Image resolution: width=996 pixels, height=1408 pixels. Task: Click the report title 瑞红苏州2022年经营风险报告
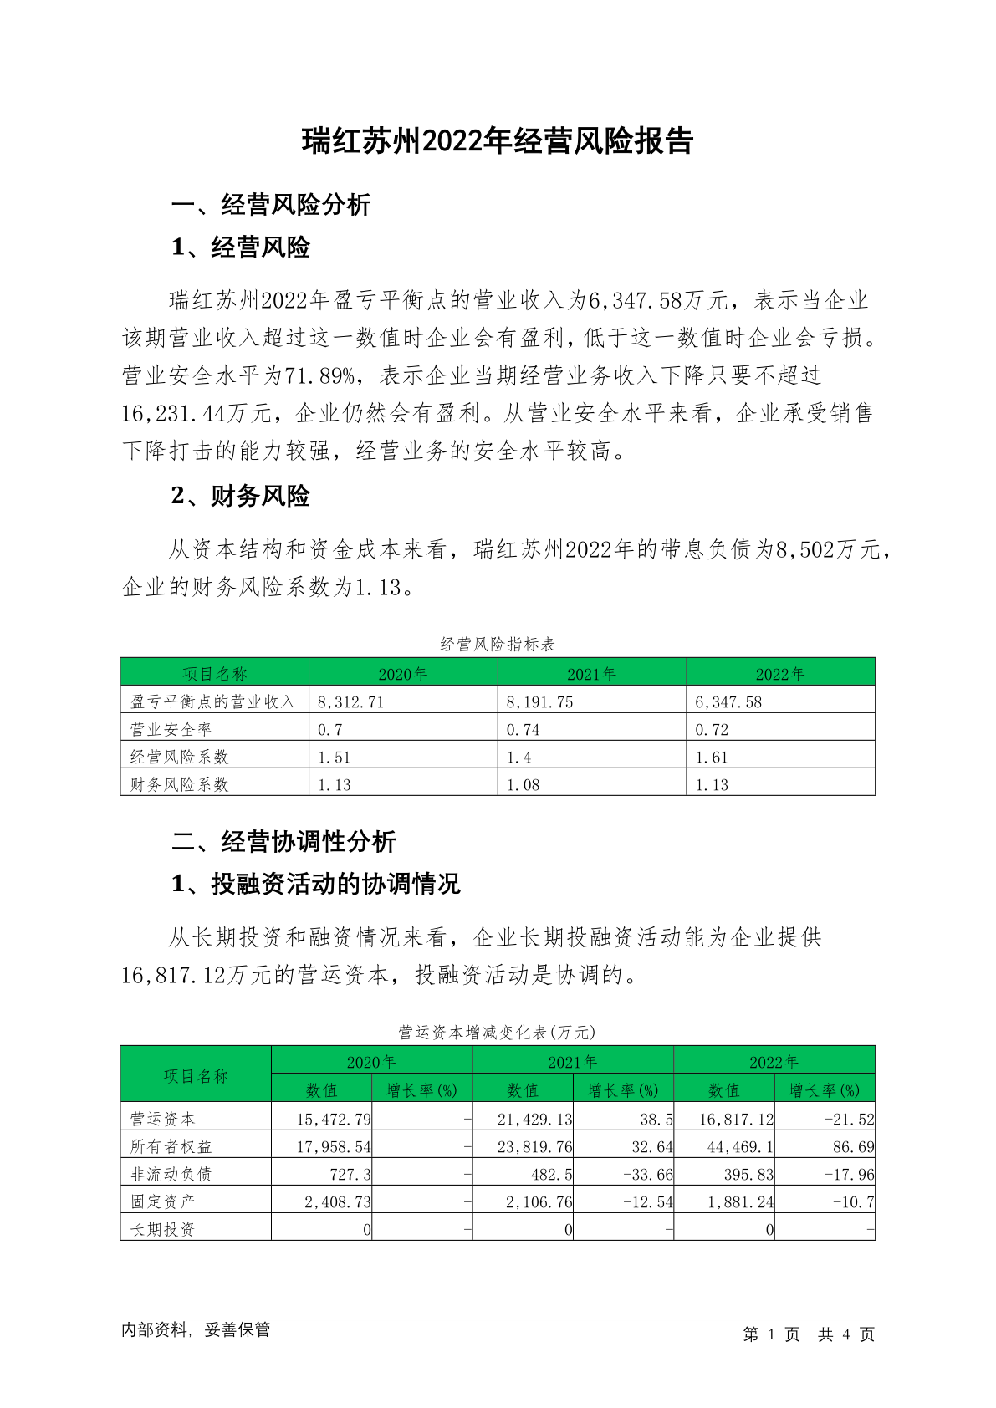point(498,141)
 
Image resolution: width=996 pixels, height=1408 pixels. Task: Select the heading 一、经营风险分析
point(271,205)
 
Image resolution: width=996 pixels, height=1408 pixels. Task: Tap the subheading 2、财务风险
point(240,496)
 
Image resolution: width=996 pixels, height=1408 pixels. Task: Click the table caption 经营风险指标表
point(498,644)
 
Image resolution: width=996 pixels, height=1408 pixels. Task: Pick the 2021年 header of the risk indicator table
point(591,674)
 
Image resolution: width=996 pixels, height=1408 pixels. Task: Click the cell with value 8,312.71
point(351,702)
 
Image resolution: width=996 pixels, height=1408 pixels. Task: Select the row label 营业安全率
point(171,729)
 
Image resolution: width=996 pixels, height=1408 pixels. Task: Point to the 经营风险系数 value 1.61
point(712,758)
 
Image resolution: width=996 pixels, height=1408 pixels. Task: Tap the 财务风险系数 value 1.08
point(524,785)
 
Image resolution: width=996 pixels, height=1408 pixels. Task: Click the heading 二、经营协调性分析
point(283,842)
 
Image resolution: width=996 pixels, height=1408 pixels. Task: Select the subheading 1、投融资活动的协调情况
point(315,884)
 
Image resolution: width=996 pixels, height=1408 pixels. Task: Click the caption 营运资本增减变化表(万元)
point(498,1033)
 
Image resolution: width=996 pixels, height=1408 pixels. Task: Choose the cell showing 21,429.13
point(535,1119)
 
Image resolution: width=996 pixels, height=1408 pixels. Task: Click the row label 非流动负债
point(171,1174)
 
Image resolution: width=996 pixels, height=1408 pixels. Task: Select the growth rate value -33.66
point(648,1174)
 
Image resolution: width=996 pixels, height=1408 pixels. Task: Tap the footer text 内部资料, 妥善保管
point(196,1329)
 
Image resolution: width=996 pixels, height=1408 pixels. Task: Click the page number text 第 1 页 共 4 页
point(809,1334)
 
